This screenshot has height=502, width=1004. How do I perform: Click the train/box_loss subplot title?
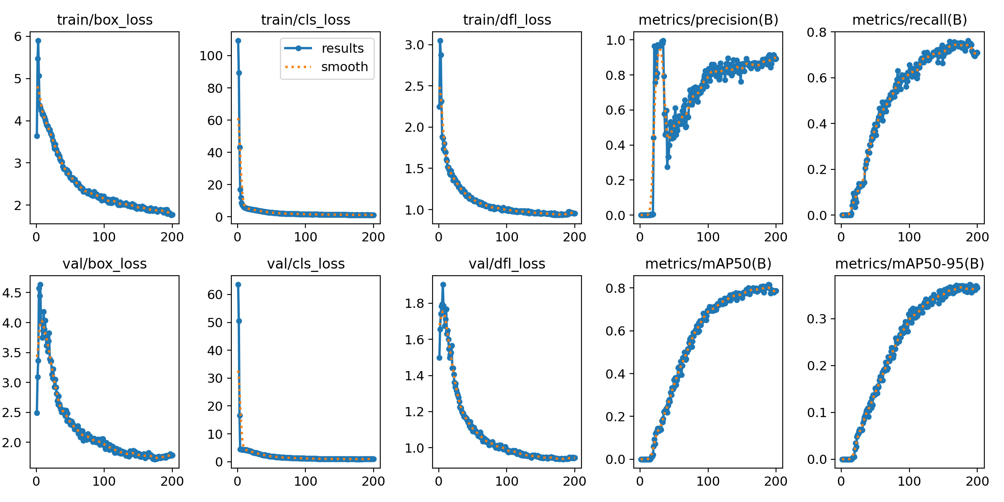point(105,20)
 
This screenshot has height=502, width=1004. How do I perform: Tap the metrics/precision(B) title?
point(708,20)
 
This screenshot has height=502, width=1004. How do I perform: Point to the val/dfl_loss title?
point(507,264)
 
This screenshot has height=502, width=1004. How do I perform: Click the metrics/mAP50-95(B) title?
point(909,264)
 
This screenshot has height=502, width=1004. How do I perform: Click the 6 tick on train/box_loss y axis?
point(18,37)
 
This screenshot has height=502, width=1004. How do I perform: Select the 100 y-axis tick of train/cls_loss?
point(211,56)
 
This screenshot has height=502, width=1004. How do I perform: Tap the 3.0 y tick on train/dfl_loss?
point(414,45)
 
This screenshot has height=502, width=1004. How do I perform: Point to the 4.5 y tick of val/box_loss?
point(12,293)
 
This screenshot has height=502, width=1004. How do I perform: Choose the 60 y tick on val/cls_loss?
point(215,295)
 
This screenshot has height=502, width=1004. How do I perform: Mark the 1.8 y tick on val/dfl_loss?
point(414,303)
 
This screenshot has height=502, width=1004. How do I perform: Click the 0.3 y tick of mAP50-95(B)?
point(817,319)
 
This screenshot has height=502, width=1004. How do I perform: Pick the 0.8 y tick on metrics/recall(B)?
point(817,32)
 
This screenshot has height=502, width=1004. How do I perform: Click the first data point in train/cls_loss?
point(238,41)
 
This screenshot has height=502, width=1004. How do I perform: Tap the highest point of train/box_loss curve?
point(38,41)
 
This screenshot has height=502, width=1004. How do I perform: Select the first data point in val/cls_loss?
point(238,284)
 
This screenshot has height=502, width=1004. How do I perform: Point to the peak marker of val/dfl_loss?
point(443,284)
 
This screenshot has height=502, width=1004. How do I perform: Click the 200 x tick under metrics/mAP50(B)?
point(776,481)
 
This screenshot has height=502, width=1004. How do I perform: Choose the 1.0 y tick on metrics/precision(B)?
point(615,40)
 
